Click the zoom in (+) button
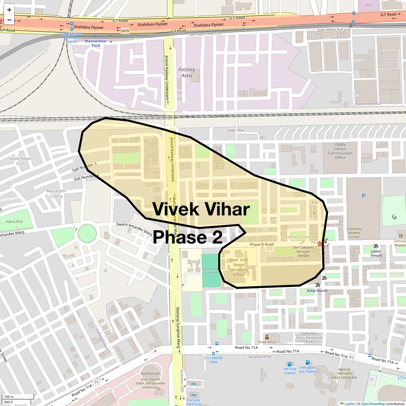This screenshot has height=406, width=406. tap(9, 10)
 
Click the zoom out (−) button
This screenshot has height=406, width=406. tap(9, 20)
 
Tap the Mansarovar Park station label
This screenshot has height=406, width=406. tap(95, 43)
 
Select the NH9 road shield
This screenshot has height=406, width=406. tap(125, 31)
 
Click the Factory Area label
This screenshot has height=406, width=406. tap(186, 72)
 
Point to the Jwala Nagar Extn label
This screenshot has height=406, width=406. tap(21, 161)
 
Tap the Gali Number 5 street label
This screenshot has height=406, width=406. tap(84, 166)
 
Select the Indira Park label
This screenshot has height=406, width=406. tap(14, 222)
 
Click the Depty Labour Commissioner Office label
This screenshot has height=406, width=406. tap(340, 151)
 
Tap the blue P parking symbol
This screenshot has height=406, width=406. tap(364, 196)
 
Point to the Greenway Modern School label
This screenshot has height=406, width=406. tap(354, 233)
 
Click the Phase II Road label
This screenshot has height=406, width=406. tap(262, 244)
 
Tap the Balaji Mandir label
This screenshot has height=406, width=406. tap(317, 290)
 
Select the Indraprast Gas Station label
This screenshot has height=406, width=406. tap(308, 369)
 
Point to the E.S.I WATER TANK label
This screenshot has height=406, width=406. tap(213, 360)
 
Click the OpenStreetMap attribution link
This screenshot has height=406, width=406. tap(373, 404)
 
